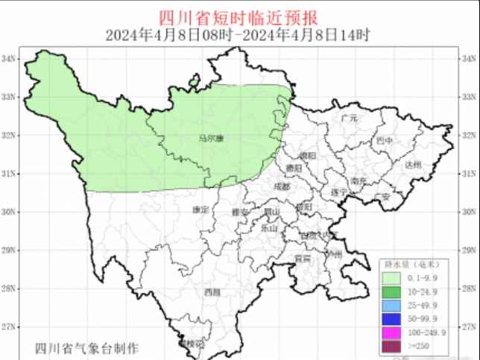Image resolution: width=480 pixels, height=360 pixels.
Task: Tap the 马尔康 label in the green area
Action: point(212,137)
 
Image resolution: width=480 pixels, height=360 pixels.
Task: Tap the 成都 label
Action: point(282,186)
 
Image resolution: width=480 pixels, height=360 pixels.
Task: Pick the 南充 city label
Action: point(359,180)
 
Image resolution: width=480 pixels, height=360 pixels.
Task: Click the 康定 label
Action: point(200,209)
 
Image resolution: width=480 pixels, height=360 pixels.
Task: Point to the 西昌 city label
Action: point(212,292)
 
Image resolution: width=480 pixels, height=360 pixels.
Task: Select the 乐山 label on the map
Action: point(269,228)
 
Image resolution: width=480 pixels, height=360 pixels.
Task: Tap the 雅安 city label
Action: point(240,212)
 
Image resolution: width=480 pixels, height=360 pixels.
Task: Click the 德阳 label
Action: point(294,168)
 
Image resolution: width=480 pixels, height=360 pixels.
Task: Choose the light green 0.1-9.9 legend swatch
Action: point(392,277)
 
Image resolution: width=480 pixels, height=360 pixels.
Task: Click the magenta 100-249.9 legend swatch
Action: point(392,332)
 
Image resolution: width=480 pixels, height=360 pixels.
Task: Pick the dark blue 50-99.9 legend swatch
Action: point(392,318)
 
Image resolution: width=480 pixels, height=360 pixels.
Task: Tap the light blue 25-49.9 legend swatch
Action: point(392,305)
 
